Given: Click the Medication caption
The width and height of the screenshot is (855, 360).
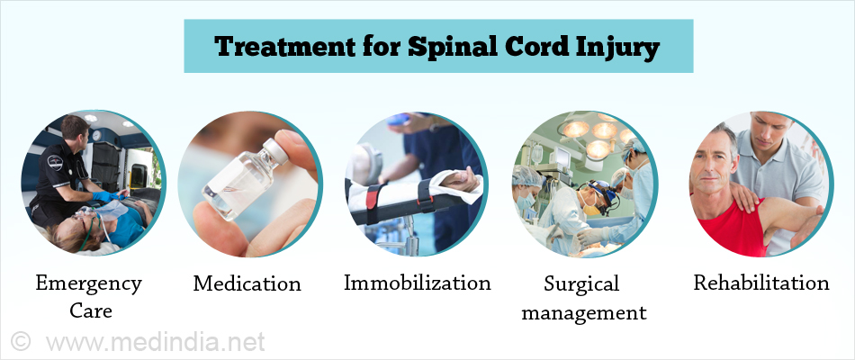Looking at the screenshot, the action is pyautogui.click(x=247, y=283).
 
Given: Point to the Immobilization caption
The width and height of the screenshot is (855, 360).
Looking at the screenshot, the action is pyautogui.click(x=417, y=283).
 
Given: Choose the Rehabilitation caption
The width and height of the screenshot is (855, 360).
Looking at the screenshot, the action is pyautogui.click(x=761, y=283).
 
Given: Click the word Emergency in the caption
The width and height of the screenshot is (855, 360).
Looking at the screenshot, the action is pyautogui.click(x=88, y=285).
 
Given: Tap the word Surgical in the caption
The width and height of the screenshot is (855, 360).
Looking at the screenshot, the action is pyautogui.click(x=581, y=285).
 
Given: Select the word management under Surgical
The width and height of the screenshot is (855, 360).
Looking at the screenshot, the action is pyautogui.click(x=584, y=313).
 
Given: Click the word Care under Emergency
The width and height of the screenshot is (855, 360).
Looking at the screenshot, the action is pyautogui.click(x=91, y=310).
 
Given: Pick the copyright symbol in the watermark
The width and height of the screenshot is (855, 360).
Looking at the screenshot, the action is pyautogui.click(x=20, y=341).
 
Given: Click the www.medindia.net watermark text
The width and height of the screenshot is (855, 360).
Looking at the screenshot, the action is pyautogui.click(x=156, y=342).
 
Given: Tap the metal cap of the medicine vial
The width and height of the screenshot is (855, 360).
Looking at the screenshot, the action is pyautogui.click(x=275, y=150).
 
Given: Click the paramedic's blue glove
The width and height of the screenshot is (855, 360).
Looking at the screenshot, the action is pyautogui.click(x=106, y=196).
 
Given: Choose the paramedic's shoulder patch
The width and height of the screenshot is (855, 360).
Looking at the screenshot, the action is pyautogui.click(x=55, y=163).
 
